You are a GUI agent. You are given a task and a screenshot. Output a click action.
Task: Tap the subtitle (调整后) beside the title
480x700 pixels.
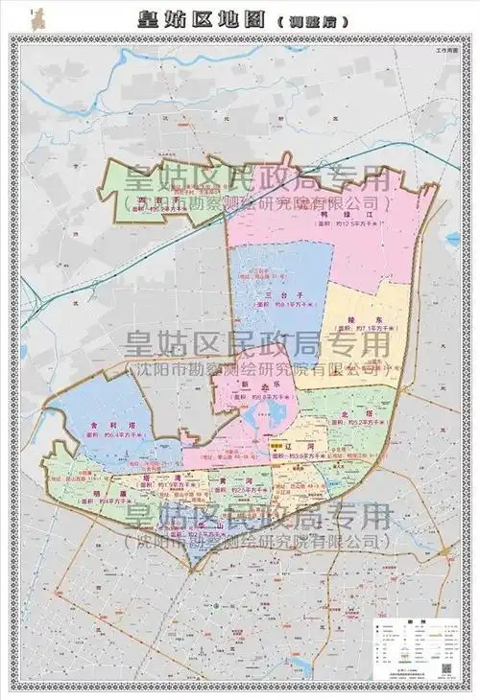(x=306, y=19)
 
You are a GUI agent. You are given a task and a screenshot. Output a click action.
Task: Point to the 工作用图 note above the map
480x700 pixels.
(x=448, y=48)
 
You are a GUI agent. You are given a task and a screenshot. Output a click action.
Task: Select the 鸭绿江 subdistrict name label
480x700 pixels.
(x=356, y=215)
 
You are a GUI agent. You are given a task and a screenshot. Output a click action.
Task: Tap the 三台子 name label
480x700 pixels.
(x=278, y=296)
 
